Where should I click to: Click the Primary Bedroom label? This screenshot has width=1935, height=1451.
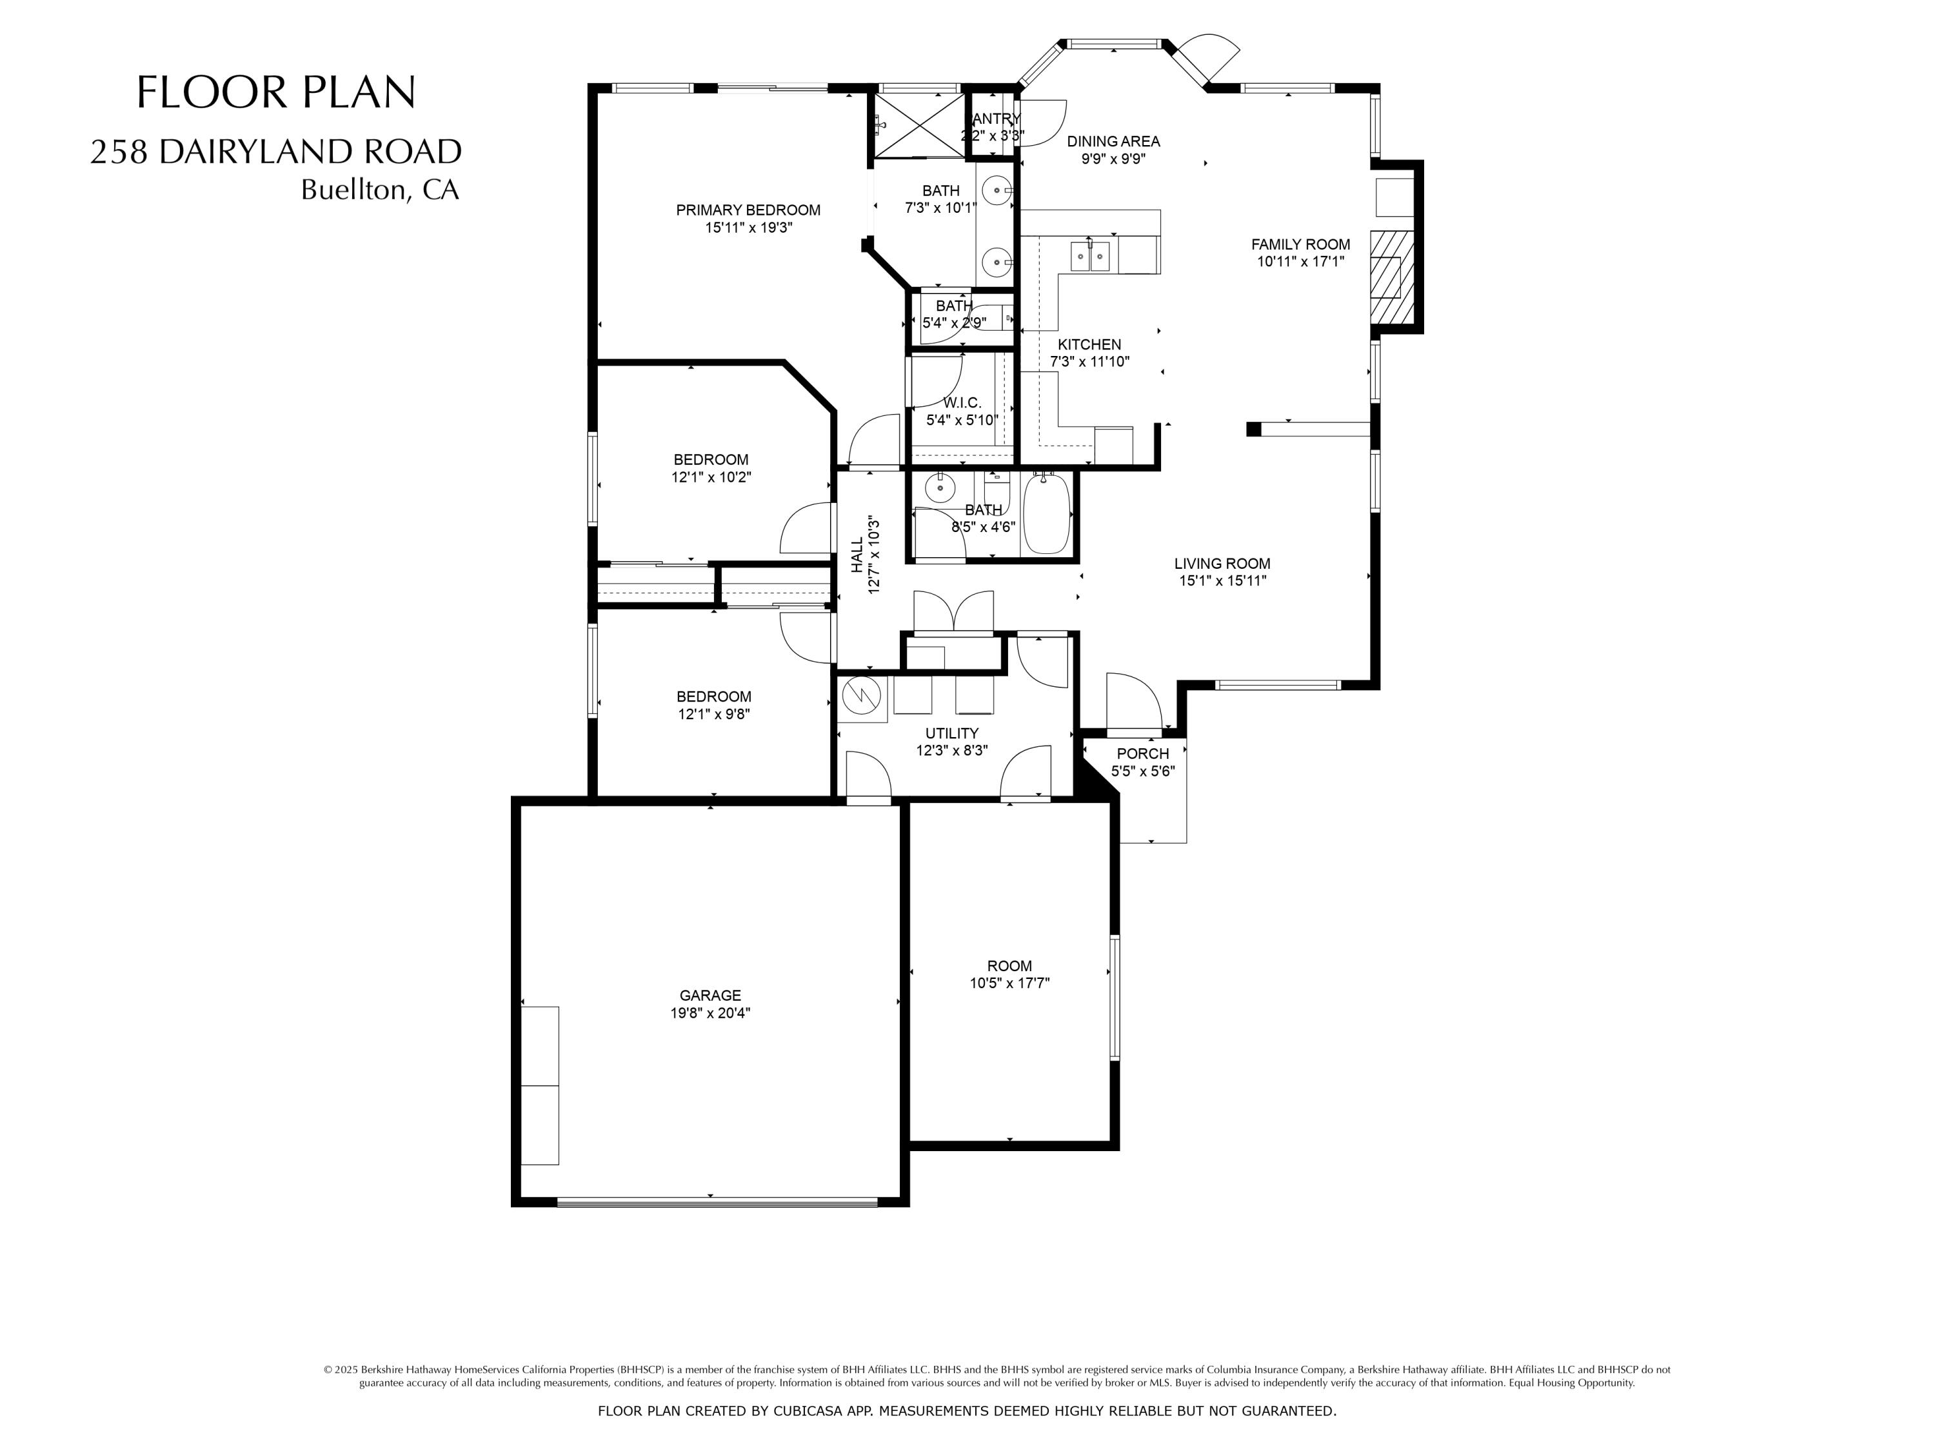pos(748,210)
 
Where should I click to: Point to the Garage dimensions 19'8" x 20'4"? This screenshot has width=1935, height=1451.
pos(710,1013)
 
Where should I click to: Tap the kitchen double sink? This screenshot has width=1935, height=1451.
pos(1090,256)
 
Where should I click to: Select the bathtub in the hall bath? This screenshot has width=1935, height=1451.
pos(1046,513)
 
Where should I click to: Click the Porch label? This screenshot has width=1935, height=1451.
pos(1142,753)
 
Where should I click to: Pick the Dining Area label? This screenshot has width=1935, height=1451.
pos(1113,141)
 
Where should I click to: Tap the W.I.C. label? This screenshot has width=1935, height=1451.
pos(962,403)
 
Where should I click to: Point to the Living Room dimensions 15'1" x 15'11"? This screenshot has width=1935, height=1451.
pos(1222,581)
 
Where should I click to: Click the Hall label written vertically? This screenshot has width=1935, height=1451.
pos(857,555)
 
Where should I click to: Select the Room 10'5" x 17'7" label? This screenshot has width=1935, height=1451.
pos(1009,974)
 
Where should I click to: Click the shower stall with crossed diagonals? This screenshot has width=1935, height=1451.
pos(918,125)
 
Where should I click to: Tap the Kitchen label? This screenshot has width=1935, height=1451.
pos(1089,344)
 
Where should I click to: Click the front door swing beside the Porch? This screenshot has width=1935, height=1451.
pos(1133,702)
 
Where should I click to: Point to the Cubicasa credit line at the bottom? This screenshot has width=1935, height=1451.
pos(967,1411)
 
